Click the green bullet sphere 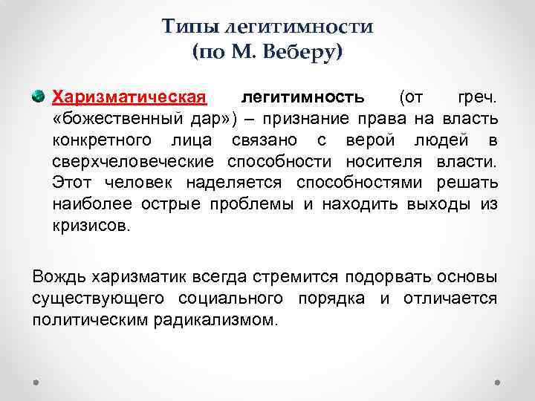click(x=39, y=97)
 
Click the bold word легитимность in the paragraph click(x=303, y=97)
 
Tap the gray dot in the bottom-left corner click(x=37, y=382)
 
